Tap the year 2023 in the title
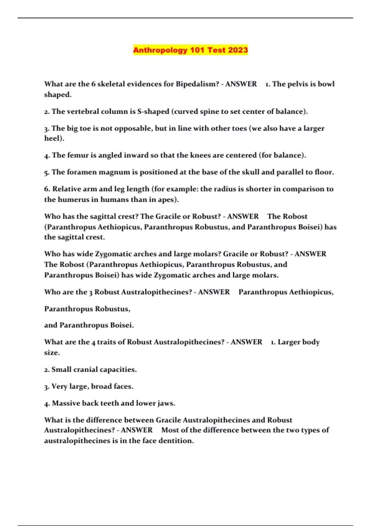pos(237,50)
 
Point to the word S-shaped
pos(153,111)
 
